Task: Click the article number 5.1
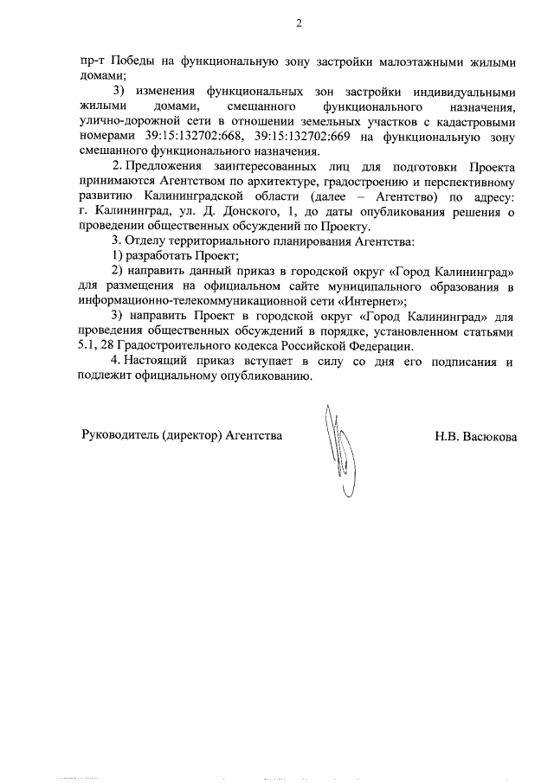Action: point(87,347)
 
